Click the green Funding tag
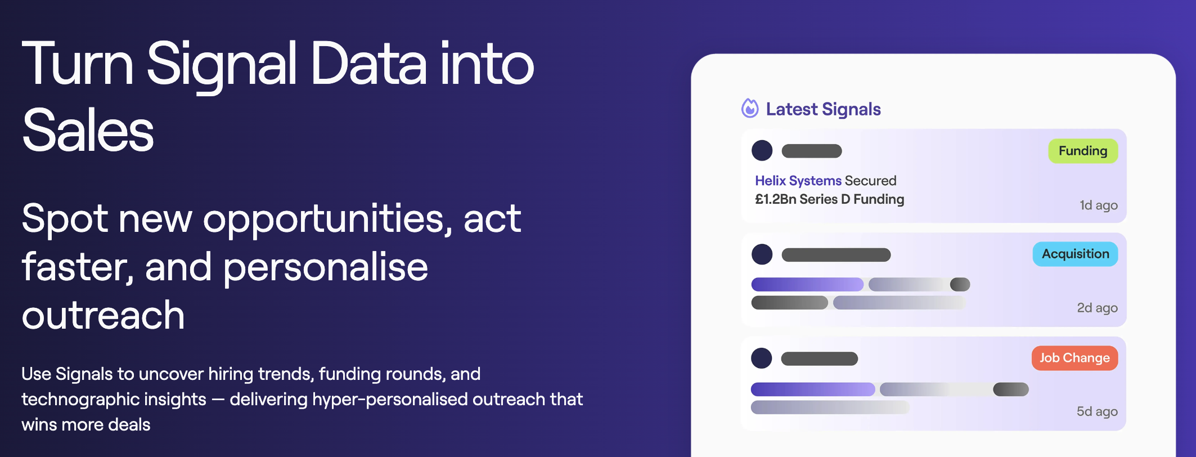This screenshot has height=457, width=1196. (x=1082, y=151)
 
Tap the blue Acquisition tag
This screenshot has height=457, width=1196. (x=1075, y=254)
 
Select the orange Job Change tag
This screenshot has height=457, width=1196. (x=1074, y=358)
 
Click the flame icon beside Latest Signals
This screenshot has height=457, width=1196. (x=750, y=108)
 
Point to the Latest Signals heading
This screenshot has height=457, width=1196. (x=823, y=109)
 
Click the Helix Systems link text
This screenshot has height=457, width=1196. (x=798, y=181)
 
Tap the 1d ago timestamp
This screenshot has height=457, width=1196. (x=1099, y=205)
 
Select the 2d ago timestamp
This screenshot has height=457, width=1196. (x=1097, y=308)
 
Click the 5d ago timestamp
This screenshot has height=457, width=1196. (x=1097, y=411)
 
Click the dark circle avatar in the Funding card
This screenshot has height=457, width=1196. (x=762, y=150)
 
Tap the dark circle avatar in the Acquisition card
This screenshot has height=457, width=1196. (x=762, y=254)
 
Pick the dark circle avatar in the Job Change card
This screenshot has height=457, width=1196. (x=762, y=358)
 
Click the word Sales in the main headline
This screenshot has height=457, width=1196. (x=88, y=131)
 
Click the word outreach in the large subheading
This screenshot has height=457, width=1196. (x=103, y=315)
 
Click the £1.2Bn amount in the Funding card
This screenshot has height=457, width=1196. (x=776, y=199)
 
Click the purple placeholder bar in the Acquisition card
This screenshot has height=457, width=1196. (x=807, y=284)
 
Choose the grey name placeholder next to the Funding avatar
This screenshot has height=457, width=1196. (x=812, y=151)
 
